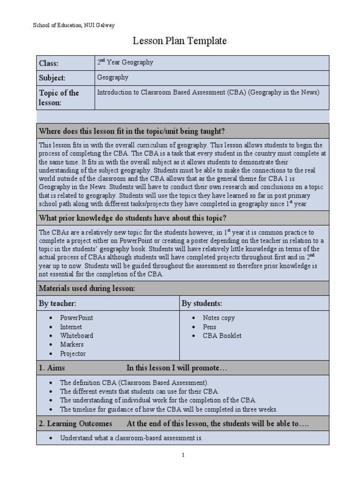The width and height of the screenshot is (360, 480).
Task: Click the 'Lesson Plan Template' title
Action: [180, 41]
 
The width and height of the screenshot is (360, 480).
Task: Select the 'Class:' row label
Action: [49, 63]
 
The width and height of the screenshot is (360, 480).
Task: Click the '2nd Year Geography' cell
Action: [125, 62]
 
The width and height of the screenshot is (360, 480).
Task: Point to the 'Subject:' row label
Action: [52, 78]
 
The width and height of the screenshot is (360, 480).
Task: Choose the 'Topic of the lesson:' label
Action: [59, 97]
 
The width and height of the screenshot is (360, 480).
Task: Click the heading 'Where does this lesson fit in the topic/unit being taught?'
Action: [135, 131]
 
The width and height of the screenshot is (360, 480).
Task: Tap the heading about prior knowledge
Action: [133, 218]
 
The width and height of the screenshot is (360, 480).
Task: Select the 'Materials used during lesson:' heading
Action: [87, 288]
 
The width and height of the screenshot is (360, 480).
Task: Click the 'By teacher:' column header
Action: [57, 303]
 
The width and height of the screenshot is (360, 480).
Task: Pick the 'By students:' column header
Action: [202, 303]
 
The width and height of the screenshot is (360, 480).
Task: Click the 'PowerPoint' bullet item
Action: [76, 318]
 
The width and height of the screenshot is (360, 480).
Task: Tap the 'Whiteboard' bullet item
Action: [76, 336]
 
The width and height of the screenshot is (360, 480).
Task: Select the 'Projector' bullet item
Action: [73, 354]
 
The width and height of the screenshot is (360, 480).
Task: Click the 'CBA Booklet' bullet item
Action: [222, 336]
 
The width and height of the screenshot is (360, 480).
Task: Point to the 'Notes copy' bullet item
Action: [218, 318]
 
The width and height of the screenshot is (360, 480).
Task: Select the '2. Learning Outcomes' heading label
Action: [75, 424]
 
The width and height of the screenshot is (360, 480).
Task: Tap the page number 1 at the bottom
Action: [183, 455]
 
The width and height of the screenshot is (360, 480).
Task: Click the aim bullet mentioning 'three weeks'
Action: [169, 409]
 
